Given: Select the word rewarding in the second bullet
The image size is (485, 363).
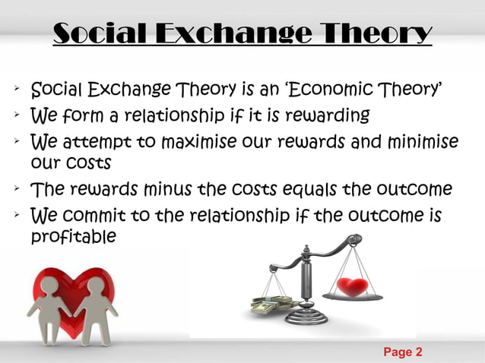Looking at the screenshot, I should click(x=328, y=116).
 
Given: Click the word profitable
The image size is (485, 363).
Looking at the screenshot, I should click(x=73, y=237).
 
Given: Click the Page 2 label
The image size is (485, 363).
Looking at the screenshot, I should click(x=402, y=352).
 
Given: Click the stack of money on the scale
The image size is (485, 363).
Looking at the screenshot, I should click(x=272, y=304).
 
